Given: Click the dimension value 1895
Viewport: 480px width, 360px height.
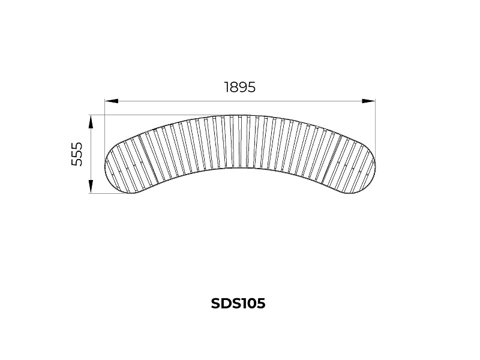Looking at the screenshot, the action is click(239, 87).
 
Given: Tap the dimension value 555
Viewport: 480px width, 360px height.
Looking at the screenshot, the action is click(77, 154).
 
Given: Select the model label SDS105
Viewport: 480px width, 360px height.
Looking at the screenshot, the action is click(238, 304).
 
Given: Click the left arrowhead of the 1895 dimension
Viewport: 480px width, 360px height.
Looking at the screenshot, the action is click(112, 101).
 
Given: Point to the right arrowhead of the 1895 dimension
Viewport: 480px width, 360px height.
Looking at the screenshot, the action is click(368, 101).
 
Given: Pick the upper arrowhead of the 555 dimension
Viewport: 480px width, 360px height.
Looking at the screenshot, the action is click(91, 122).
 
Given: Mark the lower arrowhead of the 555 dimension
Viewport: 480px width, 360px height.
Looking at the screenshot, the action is click(91, 187).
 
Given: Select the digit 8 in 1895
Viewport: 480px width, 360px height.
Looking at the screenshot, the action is click(233, 87).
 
